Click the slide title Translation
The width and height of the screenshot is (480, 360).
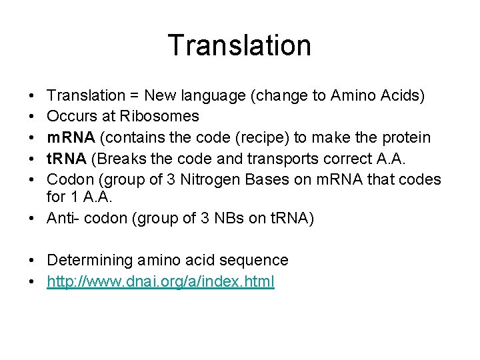239,45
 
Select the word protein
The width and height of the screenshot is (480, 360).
406,137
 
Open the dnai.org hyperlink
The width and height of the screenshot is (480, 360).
160,281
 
